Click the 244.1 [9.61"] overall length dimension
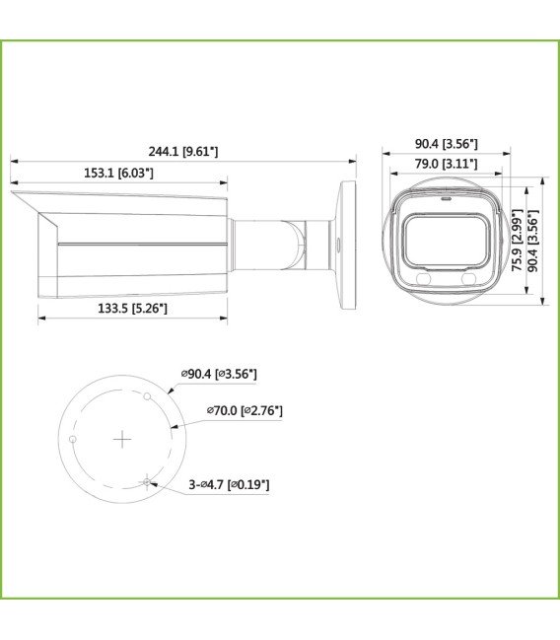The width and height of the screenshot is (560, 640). (x=182, y=151)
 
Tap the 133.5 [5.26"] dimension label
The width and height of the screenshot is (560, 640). (x=131, y=309)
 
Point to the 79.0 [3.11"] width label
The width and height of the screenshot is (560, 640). (x=446, y=165)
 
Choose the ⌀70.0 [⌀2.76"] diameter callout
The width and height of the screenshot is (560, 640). (x=245, y=410)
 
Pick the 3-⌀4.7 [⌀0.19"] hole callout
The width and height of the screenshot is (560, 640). (x=228, y=484)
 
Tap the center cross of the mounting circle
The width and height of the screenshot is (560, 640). (x=121, y=439)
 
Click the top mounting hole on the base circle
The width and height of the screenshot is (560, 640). (x=147, y=396)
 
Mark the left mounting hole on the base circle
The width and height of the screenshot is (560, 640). (x=72, y=439)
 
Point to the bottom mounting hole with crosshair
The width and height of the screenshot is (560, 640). (x=147, y=481)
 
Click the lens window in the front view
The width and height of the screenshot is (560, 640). (x=447, y=242)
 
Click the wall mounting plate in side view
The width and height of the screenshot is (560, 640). (x=347, y=246)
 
